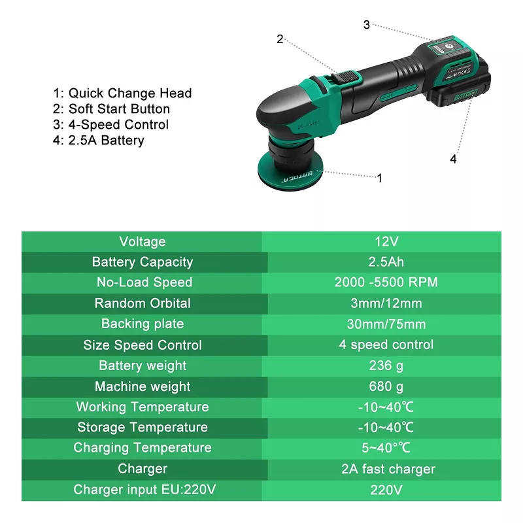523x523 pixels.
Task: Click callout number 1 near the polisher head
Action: [379, 178]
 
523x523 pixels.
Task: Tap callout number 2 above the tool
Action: [280, 39]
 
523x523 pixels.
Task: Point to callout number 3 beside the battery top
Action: [367, 25]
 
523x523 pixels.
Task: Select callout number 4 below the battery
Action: [453, 159]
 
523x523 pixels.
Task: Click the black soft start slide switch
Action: [346, 77]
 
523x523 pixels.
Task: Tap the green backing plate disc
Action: [290, 172]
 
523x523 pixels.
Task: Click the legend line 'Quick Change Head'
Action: [122, 93]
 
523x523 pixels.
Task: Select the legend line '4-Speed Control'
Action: [110, 124]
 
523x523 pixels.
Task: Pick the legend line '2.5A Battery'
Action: [99, 141]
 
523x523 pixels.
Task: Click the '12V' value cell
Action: [386, 241]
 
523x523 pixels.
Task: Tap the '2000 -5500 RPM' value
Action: [386, 282]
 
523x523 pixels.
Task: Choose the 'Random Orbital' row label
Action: [143, 303]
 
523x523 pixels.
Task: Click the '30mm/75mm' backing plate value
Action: [386, 324]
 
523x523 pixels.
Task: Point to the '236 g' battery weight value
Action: [386, 365]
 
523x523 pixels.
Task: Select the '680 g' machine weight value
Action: [386, 386]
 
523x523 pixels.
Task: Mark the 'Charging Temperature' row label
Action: [143, 448]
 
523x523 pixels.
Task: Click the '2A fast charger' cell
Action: [388, 469]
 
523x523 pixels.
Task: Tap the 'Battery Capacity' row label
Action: [143, 262]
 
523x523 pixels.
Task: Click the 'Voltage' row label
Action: [143, 241]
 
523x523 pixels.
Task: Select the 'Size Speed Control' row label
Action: [143, 345]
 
